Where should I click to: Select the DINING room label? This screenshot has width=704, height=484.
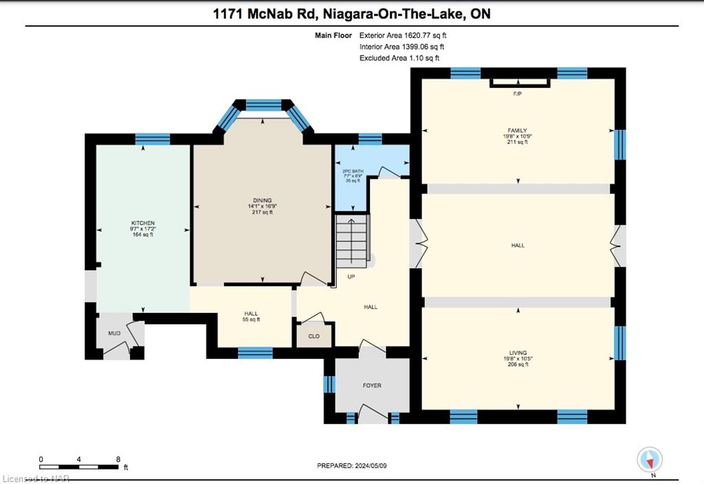click(262, 201)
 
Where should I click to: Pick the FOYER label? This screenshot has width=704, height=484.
click(372, 386)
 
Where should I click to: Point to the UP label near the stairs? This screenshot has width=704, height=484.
click(351, 277)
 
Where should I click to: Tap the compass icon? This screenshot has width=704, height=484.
click(650, 459)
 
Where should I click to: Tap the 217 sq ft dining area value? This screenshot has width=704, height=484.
click(262, 212)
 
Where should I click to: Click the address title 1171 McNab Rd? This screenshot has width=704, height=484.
click(351, 14)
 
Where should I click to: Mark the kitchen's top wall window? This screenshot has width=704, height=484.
click(153, 139)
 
